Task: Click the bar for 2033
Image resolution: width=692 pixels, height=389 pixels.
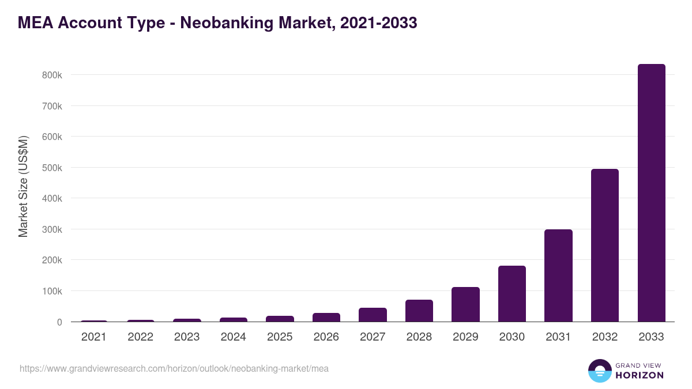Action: [651, 193]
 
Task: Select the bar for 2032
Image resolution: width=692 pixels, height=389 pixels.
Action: [604, 246]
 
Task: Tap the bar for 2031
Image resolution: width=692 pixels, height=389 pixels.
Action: [558, 275]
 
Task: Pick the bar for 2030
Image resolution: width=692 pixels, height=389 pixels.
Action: [512, 294]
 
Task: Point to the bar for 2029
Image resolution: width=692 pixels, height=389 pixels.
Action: [465, 304]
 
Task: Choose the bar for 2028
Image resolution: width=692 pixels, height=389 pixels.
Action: [419, 311]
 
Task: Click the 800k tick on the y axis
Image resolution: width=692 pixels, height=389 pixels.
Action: [51, 75]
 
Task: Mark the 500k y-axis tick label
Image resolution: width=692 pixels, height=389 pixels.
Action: [51, 168]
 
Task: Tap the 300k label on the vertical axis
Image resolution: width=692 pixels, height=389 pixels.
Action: [51, 229]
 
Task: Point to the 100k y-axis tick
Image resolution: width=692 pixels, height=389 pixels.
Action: [51, 291]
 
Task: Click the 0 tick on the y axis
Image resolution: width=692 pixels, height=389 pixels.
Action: [59, 322]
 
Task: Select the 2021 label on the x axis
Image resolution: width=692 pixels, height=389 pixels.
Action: [93, 337]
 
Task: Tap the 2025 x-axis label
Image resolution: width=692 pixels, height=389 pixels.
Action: [280, 337]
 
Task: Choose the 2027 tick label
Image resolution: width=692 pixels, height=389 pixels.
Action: [373, 337]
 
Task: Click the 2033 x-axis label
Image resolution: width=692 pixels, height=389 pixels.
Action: [651, 337]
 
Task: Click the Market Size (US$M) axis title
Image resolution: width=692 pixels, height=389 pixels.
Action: [23, 186]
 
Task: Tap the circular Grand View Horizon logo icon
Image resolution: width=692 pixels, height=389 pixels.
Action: [599, 371]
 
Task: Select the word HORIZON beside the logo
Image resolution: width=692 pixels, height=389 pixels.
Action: [640, 375]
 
